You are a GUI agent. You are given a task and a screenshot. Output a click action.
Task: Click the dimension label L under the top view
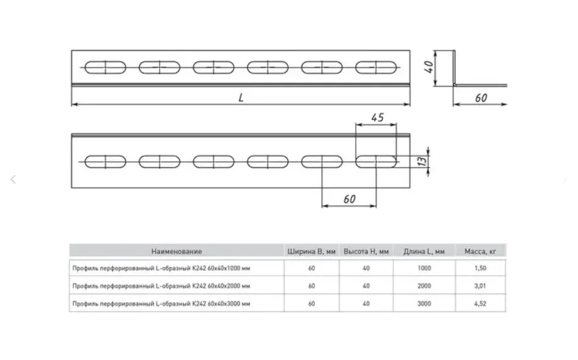[x=241, y=98]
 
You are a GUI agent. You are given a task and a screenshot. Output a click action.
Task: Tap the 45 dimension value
[x=377, y=117]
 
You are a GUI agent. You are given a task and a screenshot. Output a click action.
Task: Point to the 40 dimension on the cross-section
[x=430, y=66]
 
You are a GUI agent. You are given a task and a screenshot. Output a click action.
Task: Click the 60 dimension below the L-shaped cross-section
[x=481, y=98]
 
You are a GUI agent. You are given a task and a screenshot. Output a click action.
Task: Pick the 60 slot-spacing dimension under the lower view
[x=349, y=199]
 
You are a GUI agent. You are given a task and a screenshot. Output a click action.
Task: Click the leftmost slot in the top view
[x=105, y=67]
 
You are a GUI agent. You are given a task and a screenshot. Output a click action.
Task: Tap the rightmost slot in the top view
[x=376, y=67]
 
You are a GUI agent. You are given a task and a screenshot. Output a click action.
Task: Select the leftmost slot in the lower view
[x=105, y=162]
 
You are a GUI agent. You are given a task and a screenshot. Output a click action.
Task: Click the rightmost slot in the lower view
[x=376, y=162]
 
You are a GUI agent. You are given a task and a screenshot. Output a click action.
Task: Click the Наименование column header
[x=176, y=251]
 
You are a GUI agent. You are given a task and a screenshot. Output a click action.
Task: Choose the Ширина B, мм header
[x=311, y=251]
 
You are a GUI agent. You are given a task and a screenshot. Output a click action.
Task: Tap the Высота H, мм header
[x=366, y=251]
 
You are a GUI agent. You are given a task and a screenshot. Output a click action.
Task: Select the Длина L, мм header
[x=424, y=251]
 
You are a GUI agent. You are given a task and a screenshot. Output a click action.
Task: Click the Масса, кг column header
[x=480, y=251]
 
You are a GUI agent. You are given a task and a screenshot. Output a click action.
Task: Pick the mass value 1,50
[x=480, y=268]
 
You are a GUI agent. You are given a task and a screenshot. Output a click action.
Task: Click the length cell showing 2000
[x=424, y=286]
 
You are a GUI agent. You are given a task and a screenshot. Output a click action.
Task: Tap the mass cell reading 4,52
[x=480, y=303]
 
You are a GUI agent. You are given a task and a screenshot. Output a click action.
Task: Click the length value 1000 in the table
[x=424, y=268]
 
